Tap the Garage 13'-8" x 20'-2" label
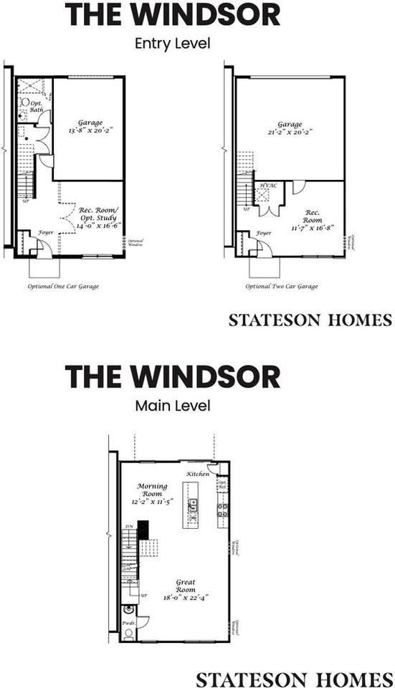[89, 128]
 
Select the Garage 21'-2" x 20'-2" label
[290, 128]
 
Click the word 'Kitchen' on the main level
[198, 474]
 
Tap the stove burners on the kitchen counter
[223, 510]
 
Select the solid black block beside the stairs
[143, 530]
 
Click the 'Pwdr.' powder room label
[128, 624]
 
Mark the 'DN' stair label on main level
[129, 527]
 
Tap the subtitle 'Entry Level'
[173, 43]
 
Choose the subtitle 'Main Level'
[173, 406]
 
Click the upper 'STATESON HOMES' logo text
[310, 320]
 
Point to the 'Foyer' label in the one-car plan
[45, 232]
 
